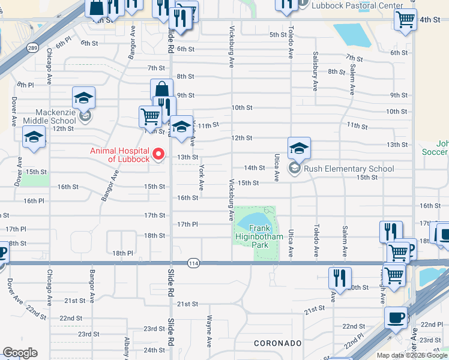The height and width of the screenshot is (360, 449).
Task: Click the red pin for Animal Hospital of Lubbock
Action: click(x=159, y=154)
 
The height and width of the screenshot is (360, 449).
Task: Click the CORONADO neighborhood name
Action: click(x=277, y=343)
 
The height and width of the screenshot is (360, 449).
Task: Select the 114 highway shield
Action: click(x=193, y=263)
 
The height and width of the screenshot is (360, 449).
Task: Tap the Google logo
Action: click(x=19, y=353)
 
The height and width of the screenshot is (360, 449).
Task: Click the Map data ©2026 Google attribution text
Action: click(x=412, y=355)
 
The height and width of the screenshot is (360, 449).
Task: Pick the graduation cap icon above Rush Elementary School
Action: click(x=299, y=147)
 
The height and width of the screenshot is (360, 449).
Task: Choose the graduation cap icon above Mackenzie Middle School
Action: click(x=83, y=97)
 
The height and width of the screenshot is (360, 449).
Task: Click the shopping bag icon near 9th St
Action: click(x=161, y=90)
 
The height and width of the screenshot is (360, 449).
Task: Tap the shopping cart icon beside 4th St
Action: click(x=406, y=19)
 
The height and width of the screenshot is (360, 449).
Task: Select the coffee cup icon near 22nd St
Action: click(x=396, y=317)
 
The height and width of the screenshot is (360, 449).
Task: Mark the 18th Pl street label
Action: click(x=122, y=254)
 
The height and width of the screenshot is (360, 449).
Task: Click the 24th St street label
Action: click(x=154, y=350)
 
